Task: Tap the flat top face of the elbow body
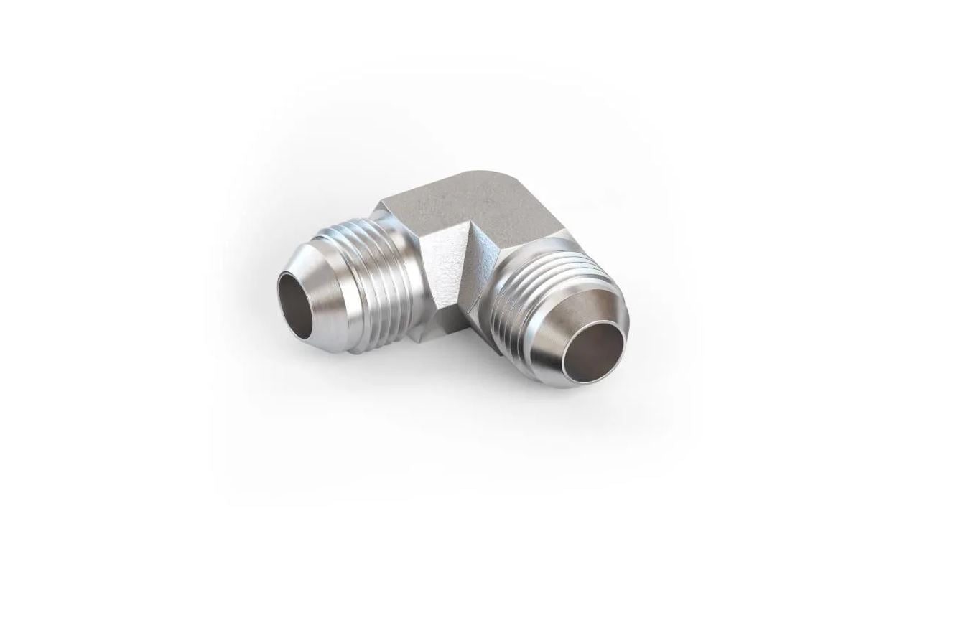coord(467,205)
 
